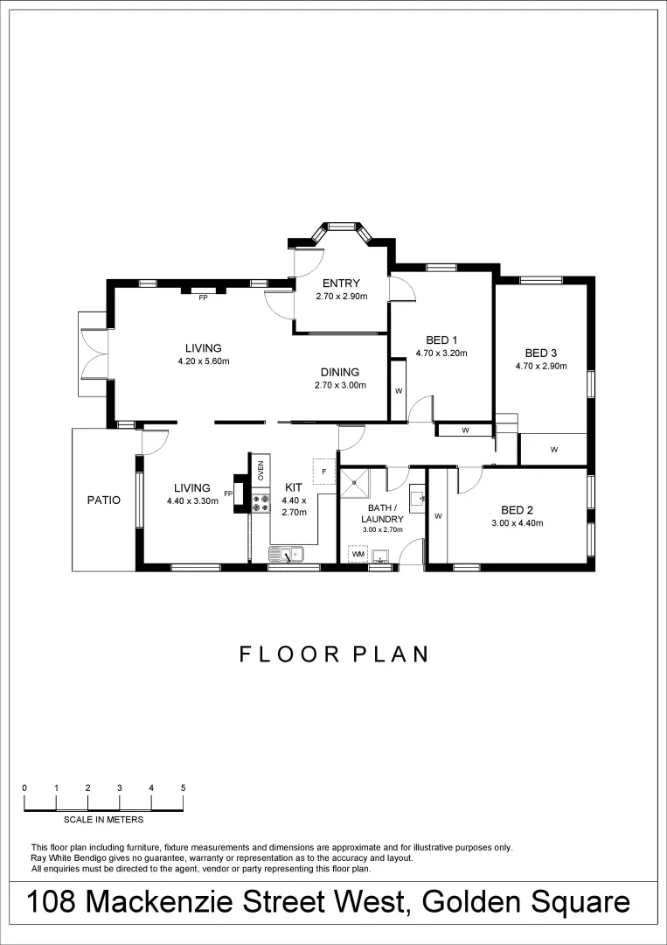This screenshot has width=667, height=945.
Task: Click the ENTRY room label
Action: tap(341, 283)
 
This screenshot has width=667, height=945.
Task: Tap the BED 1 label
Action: tap(441, 340)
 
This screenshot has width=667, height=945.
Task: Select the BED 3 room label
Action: tap(541, 353)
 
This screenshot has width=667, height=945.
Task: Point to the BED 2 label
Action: tap(517, 510)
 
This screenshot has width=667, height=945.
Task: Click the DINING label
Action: tap(340, 372)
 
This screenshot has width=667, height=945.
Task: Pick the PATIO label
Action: tap(103, 500)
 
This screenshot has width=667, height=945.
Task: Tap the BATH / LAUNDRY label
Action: tap(382, 513)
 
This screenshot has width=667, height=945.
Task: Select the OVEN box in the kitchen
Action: tap(260, 469)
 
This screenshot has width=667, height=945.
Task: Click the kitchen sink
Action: tap(286, 553)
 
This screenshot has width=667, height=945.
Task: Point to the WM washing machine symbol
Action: tap(358, 554)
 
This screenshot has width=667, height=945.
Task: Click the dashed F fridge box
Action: tap(323, 472)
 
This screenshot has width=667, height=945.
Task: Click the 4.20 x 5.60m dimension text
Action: tap(203, 360)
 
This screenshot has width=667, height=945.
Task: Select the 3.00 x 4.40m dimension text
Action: tap(517, 523)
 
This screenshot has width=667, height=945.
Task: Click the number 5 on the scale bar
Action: tap(183, 787)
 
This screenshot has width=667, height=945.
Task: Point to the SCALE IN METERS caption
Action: tap(103, 820)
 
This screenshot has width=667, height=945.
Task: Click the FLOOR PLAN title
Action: tap(334, 654)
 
